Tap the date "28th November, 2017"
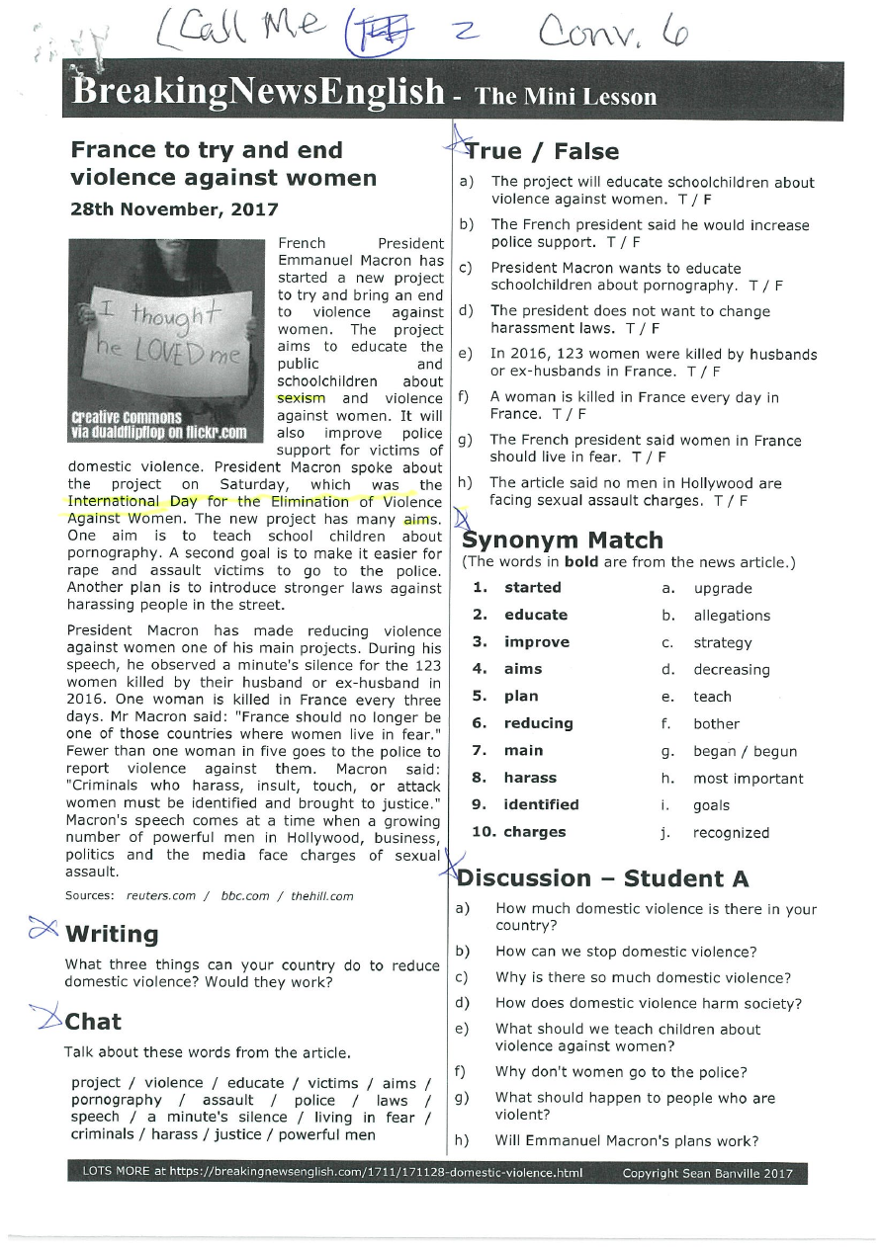click(x=174, y=209)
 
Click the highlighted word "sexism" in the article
click(x=301, y=398)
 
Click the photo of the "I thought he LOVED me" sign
click(x=167, y=341)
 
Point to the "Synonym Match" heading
click(x=563, y=541)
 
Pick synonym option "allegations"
click(x=732, y=616)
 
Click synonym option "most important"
click(x=748, y=779)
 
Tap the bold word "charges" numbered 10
click(x=535, y=832)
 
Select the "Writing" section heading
click(x=111, y=935)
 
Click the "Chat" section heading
click(x=93, y=1022)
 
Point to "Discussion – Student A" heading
click(x=603, y=878)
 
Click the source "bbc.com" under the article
click(x=244, y=896)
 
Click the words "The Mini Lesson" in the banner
click(x=566, y=97)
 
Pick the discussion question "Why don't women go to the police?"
click(x=621, y=1072)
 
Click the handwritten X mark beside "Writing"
click(x=42, y=929)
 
